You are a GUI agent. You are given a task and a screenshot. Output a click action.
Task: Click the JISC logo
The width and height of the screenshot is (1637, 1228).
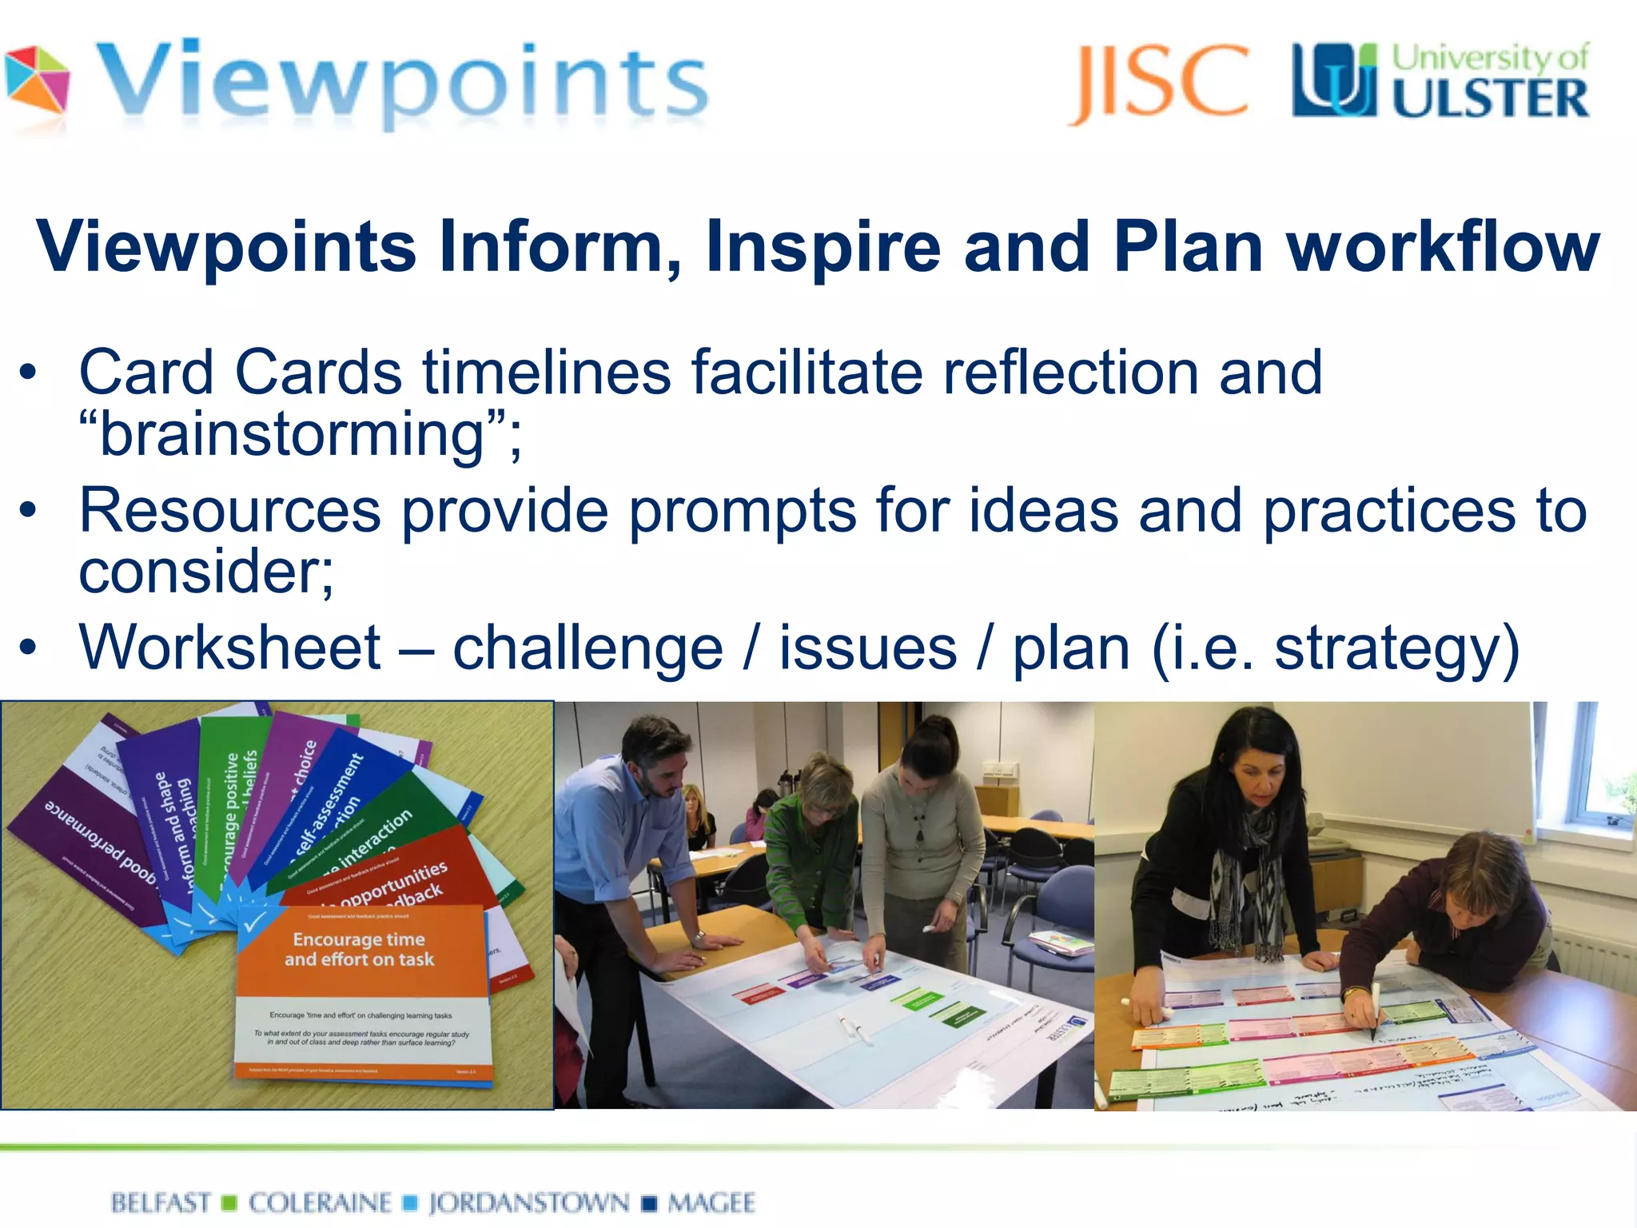(1157, 82)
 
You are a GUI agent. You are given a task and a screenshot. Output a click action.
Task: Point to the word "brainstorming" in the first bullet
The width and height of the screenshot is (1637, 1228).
(293, 435)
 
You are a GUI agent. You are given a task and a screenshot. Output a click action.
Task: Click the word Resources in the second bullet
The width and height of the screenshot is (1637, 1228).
(230, 511)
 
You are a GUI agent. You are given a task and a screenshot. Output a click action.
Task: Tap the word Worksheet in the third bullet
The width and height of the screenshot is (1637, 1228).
(230, 648)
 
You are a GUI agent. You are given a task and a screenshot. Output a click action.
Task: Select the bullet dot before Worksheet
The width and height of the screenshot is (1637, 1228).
(29, 648)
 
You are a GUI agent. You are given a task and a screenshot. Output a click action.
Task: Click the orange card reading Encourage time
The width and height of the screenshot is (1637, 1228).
(360, 950)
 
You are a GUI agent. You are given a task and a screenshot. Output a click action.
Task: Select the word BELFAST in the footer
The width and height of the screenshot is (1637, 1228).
(161, 1202)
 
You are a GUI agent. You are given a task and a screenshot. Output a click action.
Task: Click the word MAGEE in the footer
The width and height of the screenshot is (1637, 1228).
(711, 1202)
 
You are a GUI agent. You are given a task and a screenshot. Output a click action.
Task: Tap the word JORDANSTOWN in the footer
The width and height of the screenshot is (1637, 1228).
(528, 1202)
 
